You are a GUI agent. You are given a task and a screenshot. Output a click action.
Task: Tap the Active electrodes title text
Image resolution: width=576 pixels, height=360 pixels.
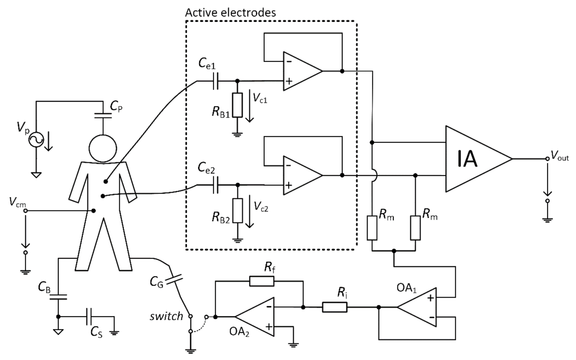[230, 13]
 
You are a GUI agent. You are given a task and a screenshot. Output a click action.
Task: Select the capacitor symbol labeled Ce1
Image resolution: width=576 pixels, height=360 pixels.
[215, 81]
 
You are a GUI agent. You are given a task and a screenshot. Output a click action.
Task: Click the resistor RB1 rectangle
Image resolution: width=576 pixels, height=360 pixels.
[238, 105]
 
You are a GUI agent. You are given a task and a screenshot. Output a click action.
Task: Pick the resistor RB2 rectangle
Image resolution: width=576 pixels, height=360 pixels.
[238, 211]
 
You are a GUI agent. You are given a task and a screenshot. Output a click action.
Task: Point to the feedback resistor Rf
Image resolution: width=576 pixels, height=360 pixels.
[262, 281]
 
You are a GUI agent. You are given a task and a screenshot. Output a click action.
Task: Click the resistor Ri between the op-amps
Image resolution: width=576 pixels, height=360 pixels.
[334, 307]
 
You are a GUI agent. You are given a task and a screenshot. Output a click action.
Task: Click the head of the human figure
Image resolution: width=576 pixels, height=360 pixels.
[103, 148]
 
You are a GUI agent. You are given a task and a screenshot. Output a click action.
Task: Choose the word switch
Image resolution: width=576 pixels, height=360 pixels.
[166, 316]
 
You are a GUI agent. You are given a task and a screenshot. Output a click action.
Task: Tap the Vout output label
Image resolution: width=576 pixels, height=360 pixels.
[560, 156]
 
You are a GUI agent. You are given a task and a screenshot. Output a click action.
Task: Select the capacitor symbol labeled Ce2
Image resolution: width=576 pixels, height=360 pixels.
[215, 185]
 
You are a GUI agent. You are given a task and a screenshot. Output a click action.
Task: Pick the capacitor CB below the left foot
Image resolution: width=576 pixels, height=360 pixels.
[58, 297]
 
